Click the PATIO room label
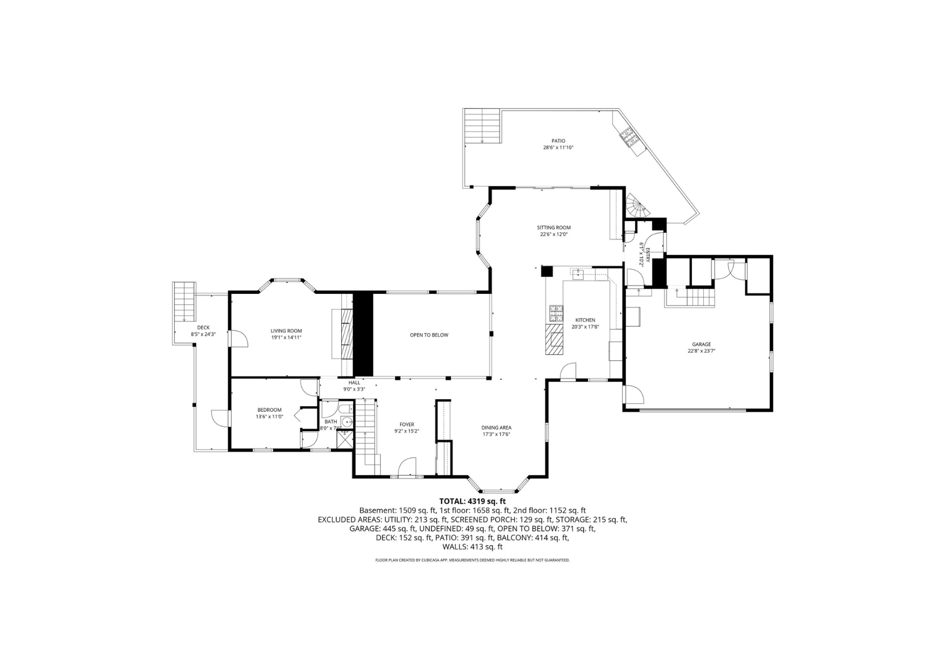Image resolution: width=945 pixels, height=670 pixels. (x=558, y=141)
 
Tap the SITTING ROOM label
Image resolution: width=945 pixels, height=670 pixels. (x=554, y=228)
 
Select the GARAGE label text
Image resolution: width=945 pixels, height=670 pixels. (x=701, y=344)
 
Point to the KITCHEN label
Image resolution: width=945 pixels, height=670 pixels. (x=585, y=320)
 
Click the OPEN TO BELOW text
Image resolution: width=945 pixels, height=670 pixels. (x=429, y=335)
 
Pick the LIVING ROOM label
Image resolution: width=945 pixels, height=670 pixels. (x=286, y=331)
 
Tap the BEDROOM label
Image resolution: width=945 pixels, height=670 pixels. (x=269, y=410)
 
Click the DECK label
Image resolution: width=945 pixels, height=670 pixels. (x=203, y=327)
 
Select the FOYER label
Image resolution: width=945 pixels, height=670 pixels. (x=407, y=425)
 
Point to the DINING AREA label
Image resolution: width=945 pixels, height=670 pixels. (x=496, y=428)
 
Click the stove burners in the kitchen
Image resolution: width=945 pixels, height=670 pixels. (x=556, y=312)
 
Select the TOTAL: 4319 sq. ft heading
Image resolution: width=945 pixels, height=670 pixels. (x=472, y=501)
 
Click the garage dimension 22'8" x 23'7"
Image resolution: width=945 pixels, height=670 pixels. (x=701, y=351)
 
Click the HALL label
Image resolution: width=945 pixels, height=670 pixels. (x=354, y=383)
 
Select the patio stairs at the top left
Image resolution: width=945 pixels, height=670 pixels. (x=482, y=125)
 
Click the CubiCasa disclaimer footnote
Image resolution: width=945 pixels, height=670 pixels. (x=472, y=560)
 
